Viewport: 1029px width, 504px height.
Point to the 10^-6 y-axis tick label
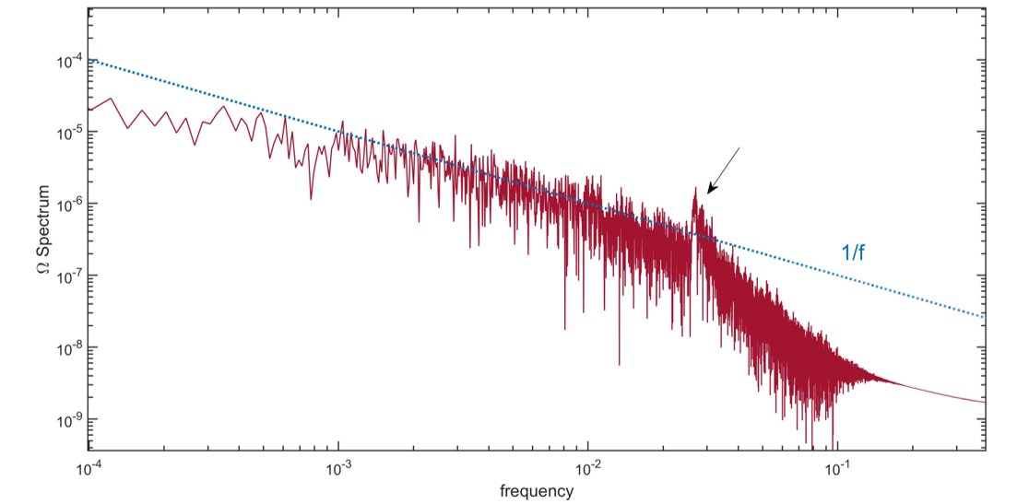(69, 204)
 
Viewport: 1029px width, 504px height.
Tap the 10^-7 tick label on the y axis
(69, 275)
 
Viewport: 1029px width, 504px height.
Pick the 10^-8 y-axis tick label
(69, 347)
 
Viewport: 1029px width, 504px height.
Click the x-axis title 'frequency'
(537, 490)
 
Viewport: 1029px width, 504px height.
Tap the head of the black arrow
(708, 193)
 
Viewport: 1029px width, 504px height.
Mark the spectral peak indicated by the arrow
(695, 189)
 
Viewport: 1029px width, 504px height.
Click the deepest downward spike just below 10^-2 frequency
(565, 329)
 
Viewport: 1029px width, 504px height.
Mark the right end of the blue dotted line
(986, 317)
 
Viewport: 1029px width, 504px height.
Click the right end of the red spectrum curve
(986, 402)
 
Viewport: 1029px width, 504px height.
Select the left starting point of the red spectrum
(89, 110)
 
